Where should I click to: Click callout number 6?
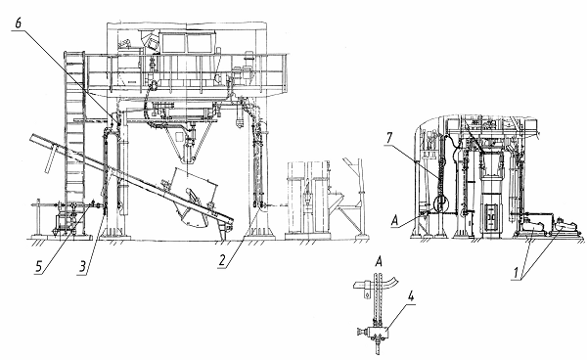click(x=19, y=23)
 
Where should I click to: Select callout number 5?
click(x=39, y=266)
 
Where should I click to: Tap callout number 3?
click(x=83, y=266)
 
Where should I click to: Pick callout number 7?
click(x=389, y=138)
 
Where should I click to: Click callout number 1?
click(x=516, y=272)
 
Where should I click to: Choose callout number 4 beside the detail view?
click(x=411, y=296)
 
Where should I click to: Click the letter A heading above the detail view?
click(x=379, y=261)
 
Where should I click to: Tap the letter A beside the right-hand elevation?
click(x=394, y=221)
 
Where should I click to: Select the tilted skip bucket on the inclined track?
click(x=195, y=198)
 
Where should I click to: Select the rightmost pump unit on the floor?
click(x=566, y=226)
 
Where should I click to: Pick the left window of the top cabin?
click(x=174, y=43)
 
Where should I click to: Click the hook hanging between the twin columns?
click(x=306, y=195)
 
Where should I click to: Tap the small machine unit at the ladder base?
click(x=65, y=224)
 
